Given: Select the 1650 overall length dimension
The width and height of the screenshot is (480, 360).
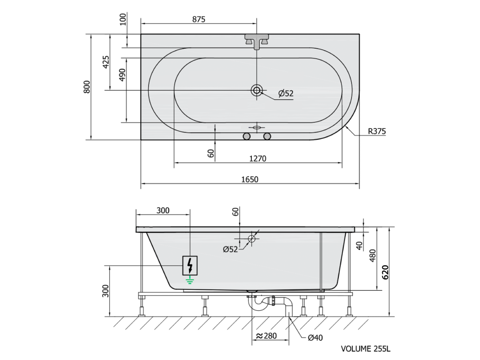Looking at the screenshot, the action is pyautogui.click(x=250, y=179).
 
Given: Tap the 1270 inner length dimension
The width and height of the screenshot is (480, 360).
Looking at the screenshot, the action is pyautogui.click(x=258, y=158).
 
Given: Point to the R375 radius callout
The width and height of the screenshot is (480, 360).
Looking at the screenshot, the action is pyautogui.click(x=377, y=131).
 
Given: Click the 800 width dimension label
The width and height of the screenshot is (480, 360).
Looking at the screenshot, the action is pyautogui.click(x=87, y=87).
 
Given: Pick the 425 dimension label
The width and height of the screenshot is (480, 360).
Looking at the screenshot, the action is pyautogui.click(x=105, y=62).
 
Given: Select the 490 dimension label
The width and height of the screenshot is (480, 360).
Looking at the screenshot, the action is pyautogui.click(x=122, y=75).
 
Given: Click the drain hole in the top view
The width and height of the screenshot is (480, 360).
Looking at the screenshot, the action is pyautogui.click(x=256, y=90).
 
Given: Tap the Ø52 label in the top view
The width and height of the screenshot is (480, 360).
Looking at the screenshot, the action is pyautogui.click(x=286, y=93).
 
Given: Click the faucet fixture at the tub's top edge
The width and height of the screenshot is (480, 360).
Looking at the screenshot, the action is pyautogui.click(x=256, y=41).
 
